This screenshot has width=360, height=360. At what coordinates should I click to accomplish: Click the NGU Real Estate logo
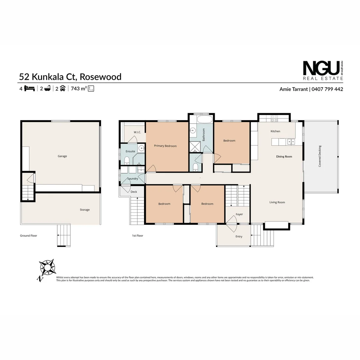point(323,70)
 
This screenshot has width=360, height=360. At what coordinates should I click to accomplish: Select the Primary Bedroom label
point(165,146)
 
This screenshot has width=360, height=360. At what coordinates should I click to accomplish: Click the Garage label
point(62,156)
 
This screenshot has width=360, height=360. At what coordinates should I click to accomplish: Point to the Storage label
point(85,210)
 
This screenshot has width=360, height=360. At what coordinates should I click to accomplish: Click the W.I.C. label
point(137,132)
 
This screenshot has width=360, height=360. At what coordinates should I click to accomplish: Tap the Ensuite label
point(130,151)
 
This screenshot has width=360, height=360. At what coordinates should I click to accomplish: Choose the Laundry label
point(133,179)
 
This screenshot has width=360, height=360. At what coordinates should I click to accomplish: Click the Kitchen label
point(275,131)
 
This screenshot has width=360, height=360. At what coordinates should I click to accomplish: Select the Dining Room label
point(284,156)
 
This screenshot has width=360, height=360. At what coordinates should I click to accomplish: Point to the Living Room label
point(277,202)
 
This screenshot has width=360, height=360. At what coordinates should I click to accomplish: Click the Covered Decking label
point(320,156)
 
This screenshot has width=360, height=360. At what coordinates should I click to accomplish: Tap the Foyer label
point(239,214)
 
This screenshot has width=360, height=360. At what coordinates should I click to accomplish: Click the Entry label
point(239,237)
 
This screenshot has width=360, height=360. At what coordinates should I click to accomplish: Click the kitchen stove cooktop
point(274,118)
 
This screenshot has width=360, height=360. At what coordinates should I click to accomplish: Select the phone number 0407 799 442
point(327,89)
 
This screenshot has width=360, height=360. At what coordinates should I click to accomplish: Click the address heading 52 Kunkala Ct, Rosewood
point(70,77)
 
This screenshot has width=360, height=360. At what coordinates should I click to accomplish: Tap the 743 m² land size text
point(79,89)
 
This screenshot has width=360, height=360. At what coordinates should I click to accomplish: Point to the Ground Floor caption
point(29,236)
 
